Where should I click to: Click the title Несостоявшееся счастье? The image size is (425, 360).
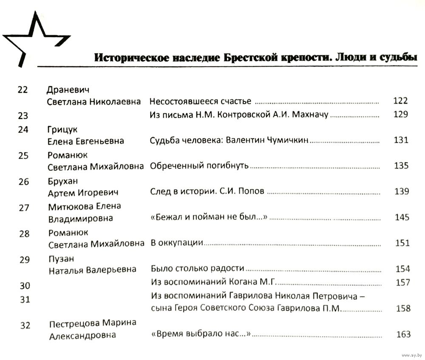pyautogui.click(x=201, y=101)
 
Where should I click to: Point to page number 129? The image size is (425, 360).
pyautogui.click(x=400, y=114)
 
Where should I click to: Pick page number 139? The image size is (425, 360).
pyautogui.click(x=401, y=191)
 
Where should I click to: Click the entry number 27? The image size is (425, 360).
pyautogui.click(x=24, y=208)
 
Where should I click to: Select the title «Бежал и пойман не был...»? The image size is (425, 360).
pyautogui.click(x=208, y=217)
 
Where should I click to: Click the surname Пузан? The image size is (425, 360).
pyautogui.click(x=59, y=259)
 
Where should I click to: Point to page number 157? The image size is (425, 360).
pyautogui.click(x=402, y=282)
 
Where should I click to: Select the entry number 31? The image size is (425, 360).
pyautogui.click(x=25, y=300)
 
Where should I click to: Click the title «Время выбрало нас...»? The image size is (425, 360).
pyautogui.click(x=199, y=335)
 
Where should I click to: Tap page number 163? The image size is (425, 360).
pyautogui.click(x=403, y=335)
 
